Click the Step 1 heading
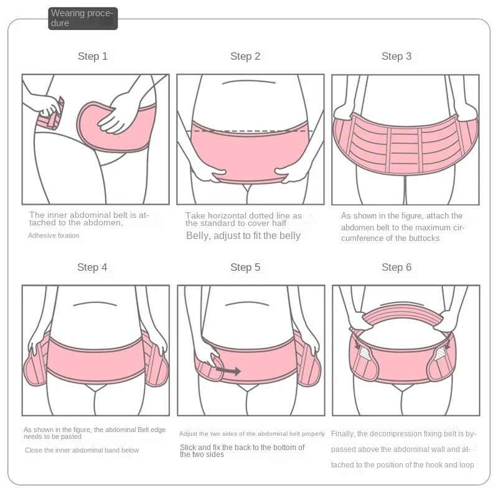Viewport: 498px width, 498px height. (x=93, y=56)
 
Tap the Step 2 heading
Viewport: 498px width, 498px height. (x=245, y=56)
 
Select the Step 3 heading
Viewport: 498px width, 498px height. (x=397, y=56)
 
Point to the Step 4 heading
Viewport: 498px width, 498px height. (x=92, y=267)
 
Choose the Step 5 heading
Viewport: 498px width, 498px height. (x=245, y=267)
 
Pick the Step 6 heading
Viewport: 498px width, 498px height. (x=397, y=267)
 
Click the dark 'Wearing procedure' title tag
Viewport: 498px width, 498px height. (x=83, y=18)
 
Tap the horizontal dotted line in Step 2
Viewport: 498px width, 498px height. (x=250, y=130)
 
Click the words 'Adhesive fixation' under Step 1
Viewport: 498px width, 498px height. (x=54, y=235)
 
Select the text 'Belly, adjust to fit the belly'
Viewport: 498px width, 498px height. (x=243, y=235)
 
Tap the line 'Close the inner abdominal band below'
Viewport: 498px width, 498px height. (x=82, y=449)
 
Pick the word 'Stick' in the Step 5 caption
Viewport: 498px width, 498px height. (x=189, y=447)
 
